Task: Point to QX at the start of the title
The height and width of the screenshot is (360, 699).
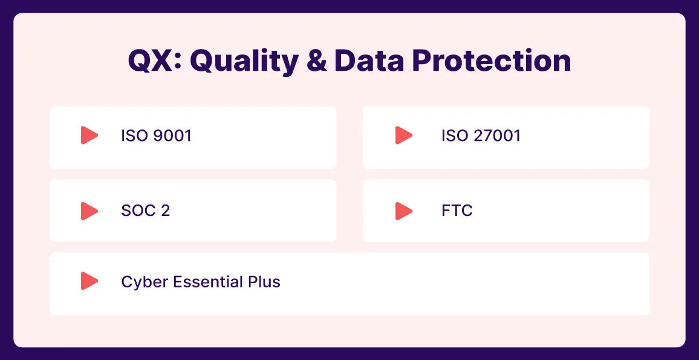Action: point(152,61)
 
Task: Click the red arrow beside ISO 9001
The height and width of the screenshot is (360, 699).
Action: point(89,135)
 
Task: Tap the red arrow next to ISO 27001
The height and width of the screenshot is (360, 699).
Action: point(404,135)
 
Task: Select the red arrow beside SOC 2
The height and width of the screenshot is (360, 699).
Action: point(89,211)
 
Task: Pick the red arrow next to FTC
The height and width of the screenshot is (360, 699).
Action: point(404,211)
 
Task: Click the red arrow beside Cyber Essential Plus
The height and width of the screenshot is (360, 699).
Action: point(89,281)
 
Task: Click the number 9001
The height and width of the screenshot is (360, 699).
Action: point(172,135)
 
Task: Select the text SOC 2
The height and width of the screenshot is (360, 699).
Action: point(145,211)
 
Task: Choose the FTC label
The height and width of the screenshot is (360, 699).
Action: point(457,211)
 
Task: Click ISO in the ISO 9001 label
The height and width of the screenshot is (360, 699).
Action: point(134,135)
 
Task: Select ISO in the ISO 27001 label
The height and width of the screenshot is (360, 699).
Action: point(455,135)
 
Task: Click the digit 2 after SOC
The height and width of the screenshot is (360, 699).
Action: point(165,211)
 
